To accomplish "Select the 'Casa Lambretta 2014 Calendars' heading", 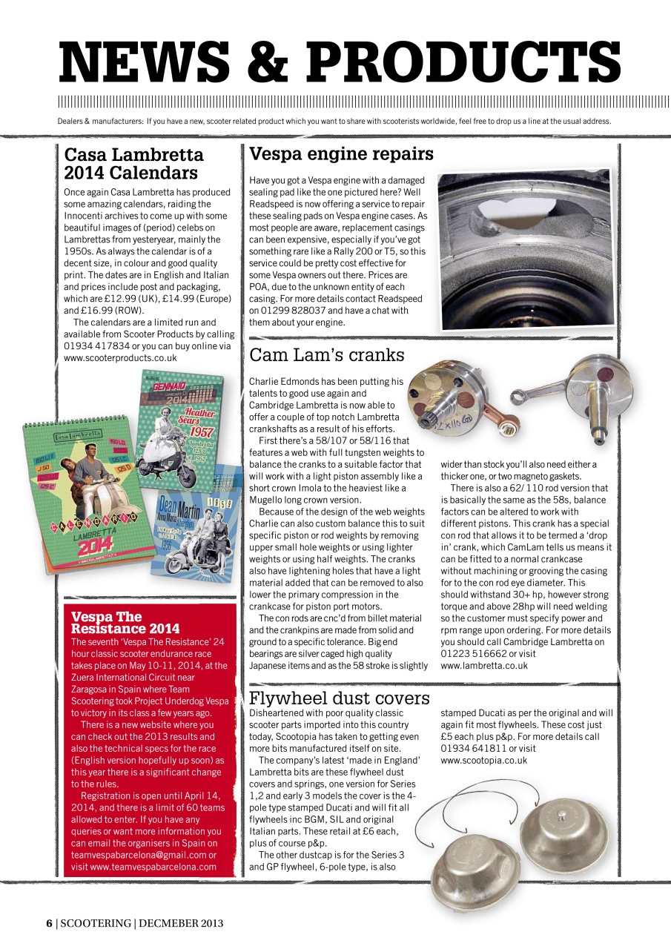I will pos(133,164).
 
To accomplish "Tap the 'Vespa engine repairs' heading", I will pos(341,153).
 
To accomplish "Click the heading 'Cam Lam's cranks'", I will pos(326,355).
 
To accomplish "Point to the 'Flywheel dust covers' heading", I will pos(339,698).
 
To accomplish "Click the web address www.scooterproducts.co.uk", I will pos(121,357).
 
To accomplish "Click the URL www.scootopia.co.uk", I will pos(483,760).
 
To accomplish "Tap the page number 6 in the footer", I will pos(49,923).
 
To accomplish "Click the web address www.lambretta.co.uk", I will pos(483,665).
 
